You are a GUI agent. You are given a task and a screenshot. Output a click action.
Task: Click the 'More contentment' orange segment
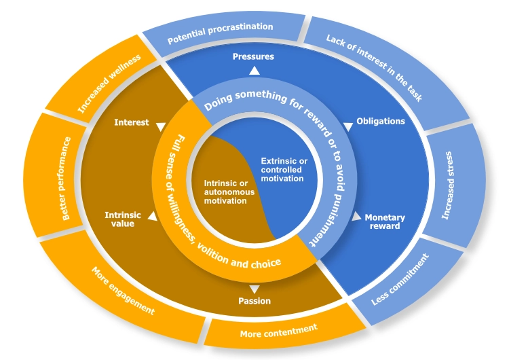(x=279, y=331)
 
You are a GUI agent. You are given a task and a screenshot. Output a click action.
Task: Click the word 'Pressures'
(x=253, y=56)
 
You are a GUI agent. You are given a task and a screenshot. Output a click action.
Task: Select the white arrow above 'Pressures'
(x=254, y=70)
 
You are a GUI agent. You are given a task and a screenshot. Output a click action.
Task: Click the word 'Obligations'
(x=381, y=122)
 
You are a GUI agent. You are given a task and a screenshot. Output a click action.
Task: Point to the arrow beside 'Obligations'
(x=348, y=125)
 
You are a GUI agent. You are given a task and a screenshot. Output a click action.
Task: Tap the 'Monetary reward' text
(x=385, y=222)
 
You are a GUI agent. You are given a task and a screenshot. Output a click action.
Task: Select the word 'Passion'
(x=254, y=301)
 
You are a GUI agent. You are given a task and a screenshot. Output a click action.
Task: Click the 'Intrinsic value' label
(x=123, y=219)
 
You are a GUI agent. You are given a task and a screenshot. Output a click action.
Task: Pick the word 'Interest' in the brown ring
(x=132, y=123)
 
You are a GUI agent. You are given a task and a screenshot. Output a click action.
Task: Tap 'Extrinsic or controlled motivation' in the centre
(x=284, y=170)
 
